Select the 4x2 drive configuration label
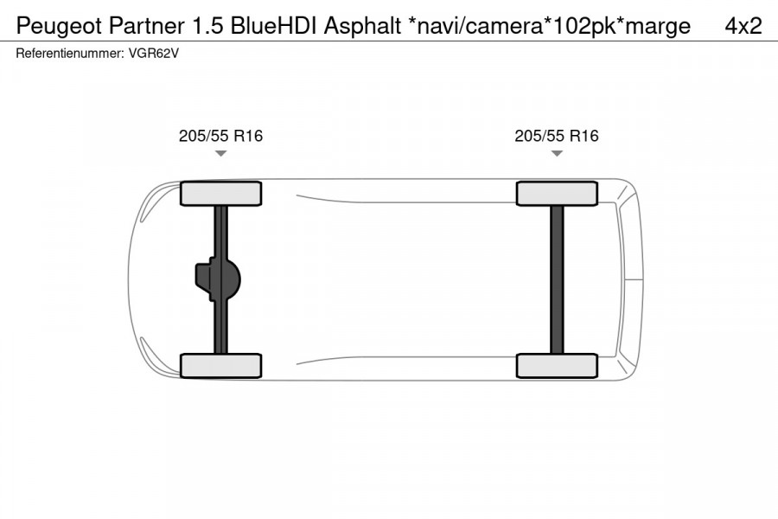[x=743, y=26]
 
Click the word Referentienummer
[x=64, y=53]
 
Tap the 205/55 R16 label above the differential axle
[x=220, y=136]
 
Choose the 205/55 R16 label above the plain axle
[x=556, y=136]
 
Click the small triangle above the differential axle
[x=220, y=153]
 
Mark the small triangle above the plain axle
[x=556, y=153]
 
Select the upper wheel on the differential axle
[x=220, y=194]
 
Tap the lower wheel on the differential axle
[x=220, y=365]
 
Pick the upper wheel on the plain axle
[x=556, y=194]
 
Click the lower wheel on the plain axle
[x=556, y=365]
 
